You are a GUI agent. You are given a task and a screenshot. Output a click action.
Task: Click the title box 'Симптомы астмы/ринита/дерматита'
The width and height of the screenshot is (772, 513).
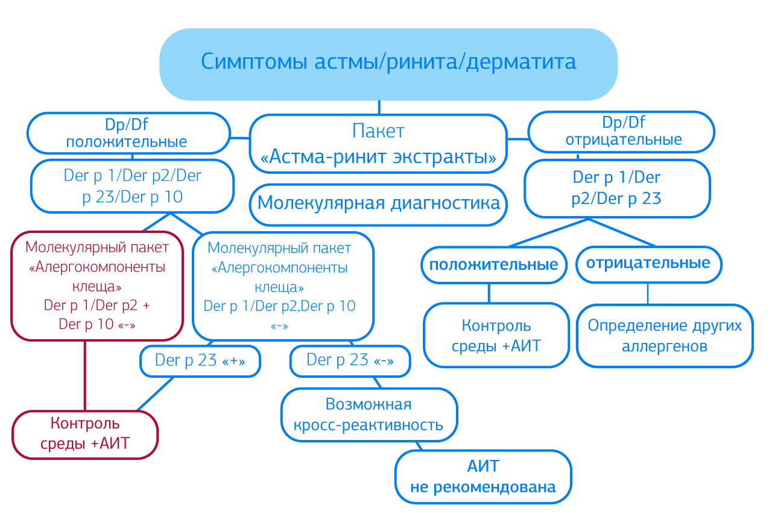pos(388,63)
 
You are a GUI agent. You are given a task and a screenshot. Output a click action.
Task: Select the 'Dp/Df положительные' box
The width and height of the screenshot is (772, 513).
pos(128,133)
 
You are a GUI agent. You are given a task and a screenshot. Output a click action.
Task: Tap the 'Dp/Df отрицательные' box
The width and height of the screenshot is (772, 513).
pos(621,132)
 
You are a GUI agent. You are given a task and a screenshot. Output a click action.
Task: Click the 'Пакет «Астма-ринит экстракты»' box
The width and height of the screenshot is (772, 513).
pos(378,144)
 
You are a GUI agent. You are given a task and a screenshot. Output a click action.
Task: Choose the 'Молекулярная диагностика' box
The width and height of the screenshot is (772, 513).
pos(378,203)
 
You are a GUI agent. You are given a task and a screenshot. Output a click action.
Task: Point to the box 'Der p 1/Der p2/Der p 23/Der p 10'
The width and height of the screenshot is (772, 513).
pos(132,186)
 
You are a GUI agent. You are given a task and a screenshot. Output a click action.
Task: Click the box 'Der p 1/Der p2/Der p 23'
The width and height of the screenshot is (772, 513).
pos(616,188)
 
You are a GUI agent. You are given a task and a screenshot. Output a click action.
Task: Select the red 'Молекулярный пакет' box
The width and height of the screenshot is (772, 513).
pos(96,285)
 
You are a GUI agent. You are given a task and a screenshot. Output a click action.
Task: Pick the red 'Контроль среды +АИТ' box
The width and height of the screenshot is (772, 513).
pos(84,434)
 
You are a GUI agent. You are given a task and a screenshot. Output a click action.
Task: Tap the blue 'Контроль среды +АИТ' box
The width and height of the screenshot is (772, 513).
pos(496,335)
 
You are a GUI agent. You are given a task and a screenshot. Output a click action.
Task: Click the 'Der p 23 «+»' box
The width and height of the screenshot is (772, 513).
pos(200,361)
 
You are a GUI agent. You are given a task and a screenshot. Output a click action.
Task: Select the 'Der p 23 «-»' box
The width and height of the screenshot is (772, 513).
pos(350,361)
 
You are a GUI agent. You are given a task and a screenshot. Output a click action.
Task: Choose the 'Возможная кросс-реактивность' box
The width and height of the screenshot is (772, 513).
pos(369,414)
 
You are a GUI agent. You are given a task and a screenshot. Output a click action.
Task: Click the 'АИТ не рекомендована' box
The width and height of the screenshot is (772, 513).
pos(482,476)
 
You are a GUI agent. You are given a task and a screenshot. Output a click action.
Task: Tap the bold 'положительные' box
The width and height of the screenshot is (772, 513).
pos(493,265)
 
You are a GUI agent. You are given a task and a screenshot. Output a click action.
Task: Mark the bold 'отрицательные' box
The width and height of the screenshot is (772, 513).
pos(648,264)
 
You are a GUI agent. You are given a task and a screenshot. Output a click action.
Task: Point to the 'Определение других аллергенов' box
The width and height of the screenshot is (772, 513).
pos(664,335)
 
